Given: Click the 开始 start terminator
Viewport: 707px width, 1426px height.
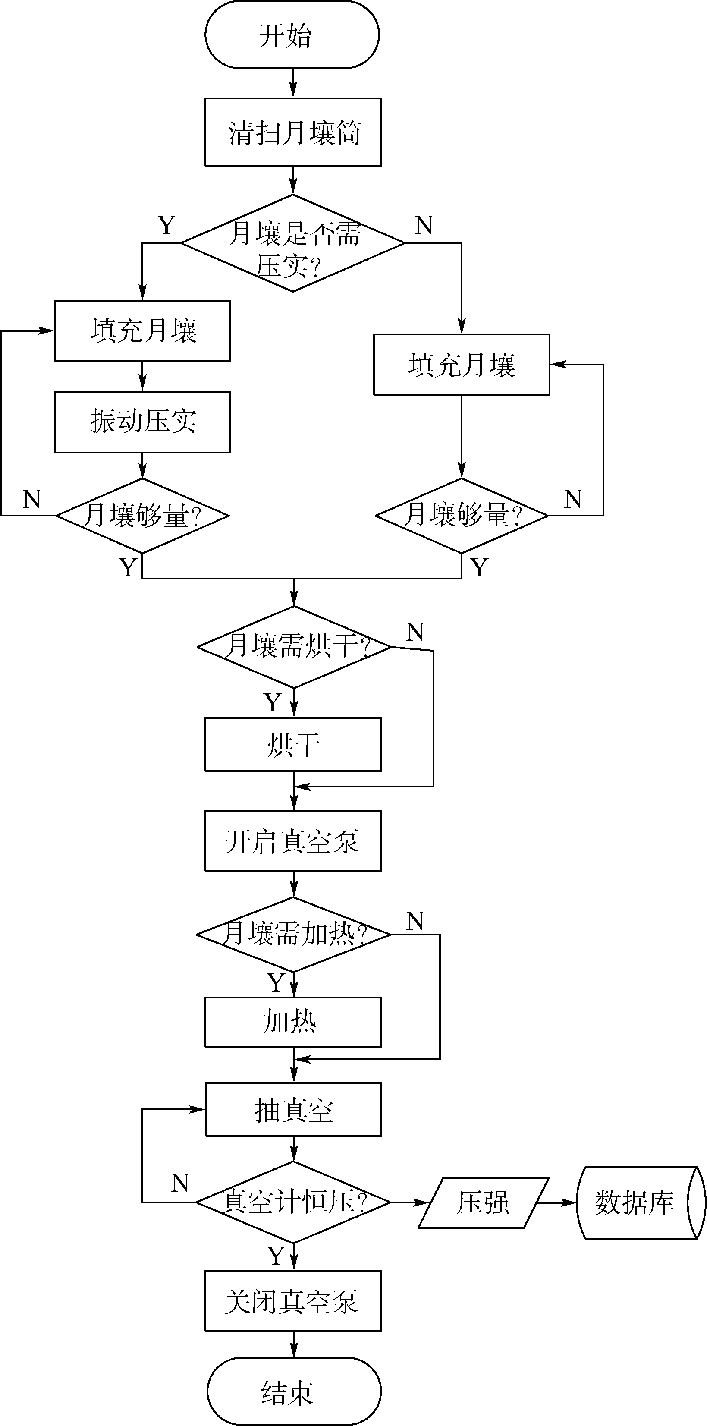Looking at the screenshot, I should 292,35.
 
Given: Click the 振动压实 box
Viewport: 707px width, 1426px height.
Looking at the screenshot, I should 142,422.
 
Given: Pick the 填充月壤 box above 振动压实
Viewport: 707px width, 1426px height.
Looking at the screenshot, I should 142,331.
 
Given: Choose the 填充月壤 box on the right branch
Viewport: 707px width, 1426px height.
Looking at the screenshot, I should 461,365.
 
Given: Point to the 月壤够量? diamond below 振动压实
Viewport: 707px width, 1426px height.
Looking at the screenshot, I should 142,515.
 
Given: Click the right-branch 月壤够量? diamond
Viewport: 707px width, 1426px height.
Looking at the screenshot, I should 461,515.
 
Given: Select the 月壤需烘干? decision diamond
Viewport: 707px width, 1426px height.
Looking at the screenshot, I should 294,647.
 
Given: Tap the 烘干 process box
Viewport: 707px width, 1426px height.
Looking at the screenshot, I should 293,745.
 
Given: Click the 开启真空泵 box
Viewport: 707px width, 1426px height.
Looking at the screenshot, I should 293,841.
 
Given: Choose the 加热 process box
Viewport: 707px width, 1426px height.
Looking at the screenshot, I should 293,1022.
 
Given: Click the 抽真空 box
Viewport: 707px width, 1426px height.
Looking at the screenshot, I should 293,1110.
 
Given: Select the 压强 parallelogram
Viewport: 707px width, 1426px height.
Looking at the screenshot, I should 483,1202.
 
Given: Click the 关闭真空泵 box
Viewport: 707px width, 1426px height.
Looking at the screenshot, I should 293,1301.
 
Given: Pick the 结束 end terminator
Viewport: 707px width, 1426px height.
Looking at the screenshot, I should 294,1391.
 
